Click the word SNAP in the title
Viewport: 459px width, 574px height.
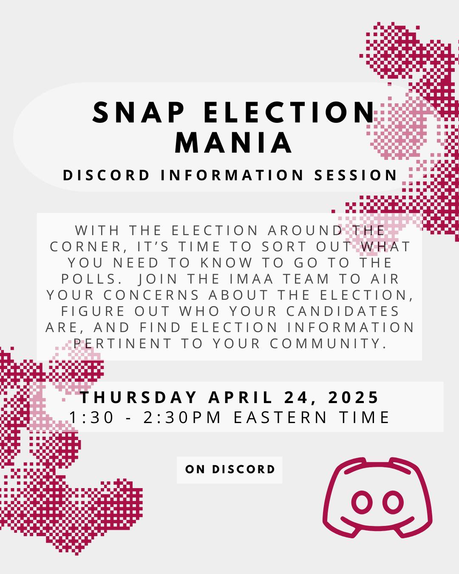[x=139, y=112]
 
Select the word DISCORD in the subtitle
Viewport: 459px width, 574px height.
[x=106, y=175]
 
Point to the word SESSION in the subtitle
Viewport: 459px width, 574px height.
[x=356, y=175]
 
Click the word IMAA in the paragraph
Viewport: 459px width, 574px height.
[x=252, y=279]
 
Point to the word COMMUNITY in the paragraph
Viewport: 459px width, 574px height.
[x=329, y=344]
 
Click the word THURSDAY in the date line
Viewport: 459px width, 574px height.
[x=139, y=398]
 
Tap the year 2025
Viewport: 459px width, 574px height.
[x=353, y=398]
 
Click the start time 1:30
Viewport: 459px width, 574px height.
[x=91, y=418]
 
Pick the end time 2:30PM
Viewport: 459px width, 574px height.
[x=182, y=418]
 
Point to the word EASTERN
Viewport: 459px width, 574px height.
[x=280, y=418]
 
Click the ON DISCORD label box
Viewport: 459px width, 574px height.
[x=229, y=469]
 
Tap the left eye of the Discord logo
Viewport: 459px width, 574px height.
[x=362, y=502]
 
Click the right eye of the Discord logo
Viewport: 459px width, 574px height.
[x=393, y=502]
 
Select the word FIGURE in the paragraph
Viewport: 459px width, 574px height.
[x=93, y=311]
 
